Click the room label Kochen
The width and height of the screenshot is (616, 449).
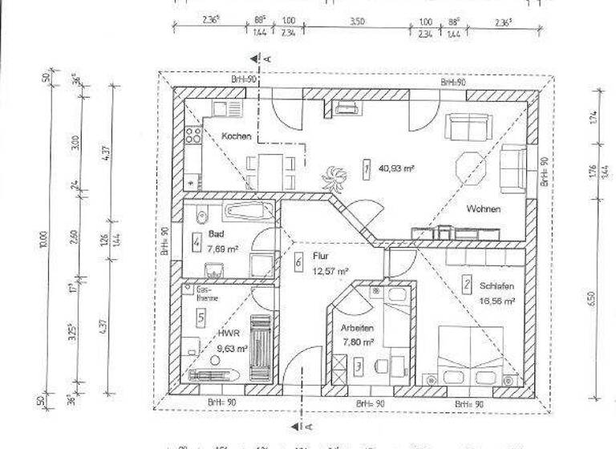(x=237, y=136)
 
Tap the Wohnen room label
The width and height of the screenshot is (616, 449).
(x=483, y=209)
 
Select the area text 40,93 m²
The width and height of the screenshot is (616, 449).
(x=397, y=169)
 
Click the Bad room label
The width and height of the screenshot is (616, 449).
(x=215, y=234)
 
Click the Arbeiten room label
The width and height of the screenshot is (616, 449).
(x=357, y=328)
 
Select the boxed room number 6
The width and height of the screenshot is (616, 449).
(x=298, y=261)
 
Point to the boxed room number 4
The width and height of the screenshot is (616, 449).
(x=197, y=241)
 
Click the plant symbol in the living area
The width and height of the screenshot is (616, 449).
(x=331, y=173)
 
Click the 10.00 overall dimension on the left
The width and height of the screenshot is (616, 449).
(x=43, y=240)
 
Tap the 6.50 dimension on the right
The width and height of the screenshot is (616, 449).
(x=593, y=298)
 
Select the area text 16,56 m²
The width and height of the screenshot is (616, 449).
(x=497, y=301)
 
